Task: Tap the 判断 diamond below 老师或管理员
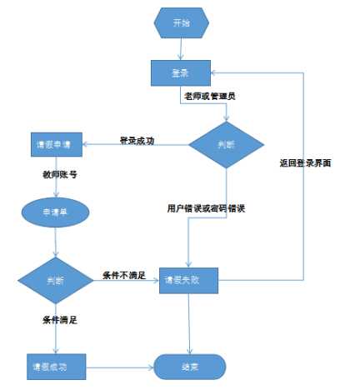pyautogui.click(x=225, y=143)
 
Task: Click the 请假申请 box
pyautogui.click(x=54, y=142)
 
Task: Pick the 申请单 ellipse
pyautogui.click(x=54, y=212)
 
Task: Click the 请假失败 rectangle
pyautogui.click(x=191, y=281)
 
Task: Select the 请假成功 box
pyautogui.click(x=54, y=366)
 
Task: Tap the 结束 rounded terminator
pyautogui.click(x=190, y=366)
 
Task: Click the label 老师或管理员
pyautogui.click(x=209, y=97)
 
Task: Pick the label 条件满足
pyautogui.click(x=61, y=319)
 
